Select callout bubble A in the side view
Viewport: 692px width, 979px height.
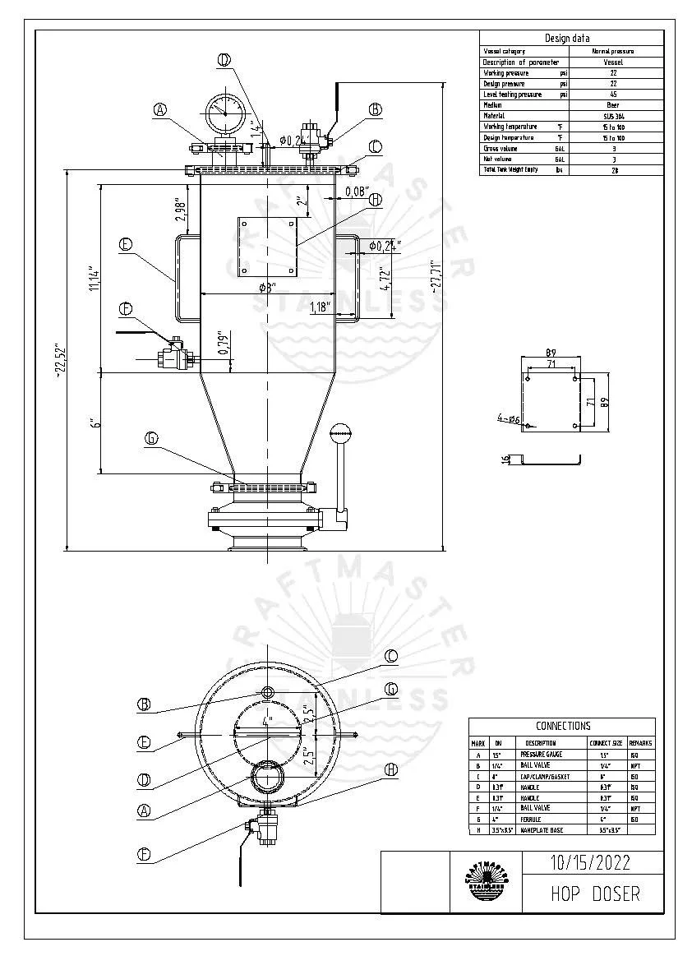pos(160,109)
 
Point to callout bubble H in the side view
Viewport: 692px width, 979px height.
pos(375,200)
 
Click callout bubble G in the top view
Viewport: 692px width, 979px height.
pos(391,688)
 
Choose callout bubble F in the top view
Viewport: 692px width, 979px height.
pos(144,854)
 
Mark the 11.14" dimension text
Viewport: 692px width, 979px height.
pos(95,279)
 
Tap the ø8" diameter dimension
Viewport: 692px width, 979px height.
pos(266,287)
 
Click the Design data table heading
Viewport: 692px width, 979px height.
pos(566,38)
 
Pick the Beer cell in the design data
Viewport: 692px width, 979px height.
pos(613,105)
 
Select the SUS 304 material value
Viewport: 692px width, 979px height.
pos(613,116)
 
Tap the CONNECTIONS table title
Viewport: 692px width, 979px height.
pos(563,726)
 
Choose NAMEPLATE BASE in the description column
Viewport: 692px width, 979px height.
pos(542,829)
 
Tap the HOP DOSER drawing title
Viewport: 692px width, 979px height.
pos(594,894)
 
